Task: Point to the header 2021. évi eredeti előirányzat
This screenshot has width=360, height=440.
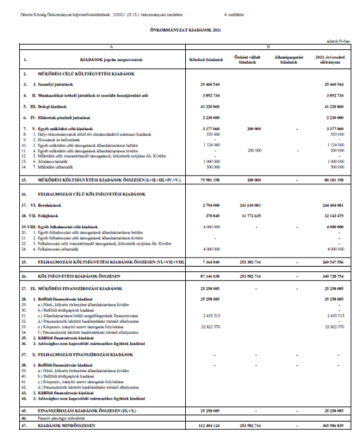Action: point(328,59)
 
